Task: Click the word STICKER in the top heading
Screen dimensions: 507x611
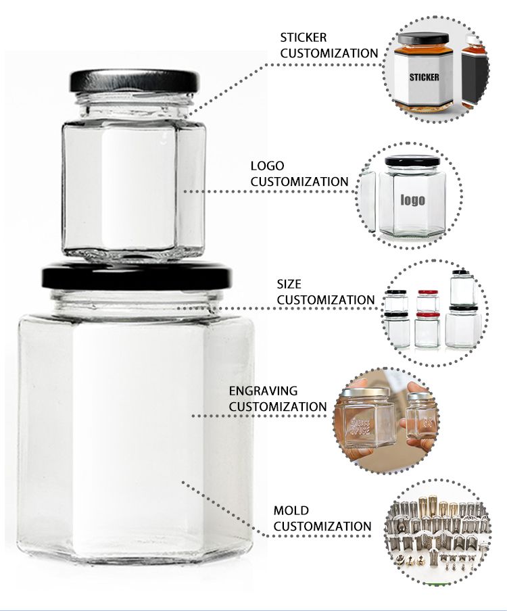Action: click(304, 38)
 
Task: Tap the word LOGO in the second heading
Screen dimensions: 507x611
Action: click(267, 166)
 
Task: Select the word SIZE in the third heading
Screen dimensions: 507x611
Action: click(289, 284)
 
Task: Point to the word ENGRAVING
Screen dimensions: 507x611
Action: click(263, 391)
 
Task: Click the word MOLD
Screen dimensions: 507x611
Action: click(291, 510)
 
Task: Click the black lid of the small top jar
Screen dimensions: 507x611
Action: click(135, 81)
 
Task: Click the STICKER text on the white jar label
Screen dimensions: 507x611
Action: click(424, 77)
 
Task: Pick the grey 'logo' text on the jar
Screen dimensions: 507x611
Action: click(412, 199)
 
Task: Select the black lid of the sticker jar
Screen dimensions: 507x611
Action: click(423, 39)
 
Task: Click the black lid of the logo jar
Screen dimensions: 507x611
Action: click(412, 160)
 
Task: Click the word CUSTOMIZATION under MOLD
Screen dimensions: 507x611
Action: click(322, 527)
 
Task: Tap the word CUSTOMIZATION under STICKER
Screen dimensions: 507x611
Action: click(329, 53)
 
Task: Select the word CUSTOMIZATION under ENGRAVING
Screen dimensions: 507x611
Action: click(278, 407)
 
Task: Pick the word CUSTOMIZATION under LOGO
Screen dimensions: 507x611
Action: click(299, 182)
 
